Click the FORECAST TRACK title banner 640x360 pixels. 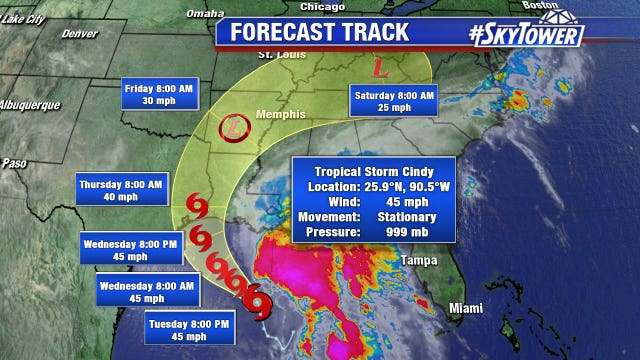click(320, 31)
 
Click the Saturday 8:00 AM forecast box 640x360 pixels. click(395, 101)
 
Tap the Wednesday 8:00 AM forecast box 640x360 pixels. click(140, 291)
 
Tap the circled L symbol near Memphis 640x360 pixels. click(232, 127)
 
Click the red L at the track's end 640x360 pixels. click(380, 70)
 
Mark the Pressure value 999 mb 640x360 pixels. click(408, 232)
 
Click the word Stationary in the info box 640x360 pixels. click(408, 217)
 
